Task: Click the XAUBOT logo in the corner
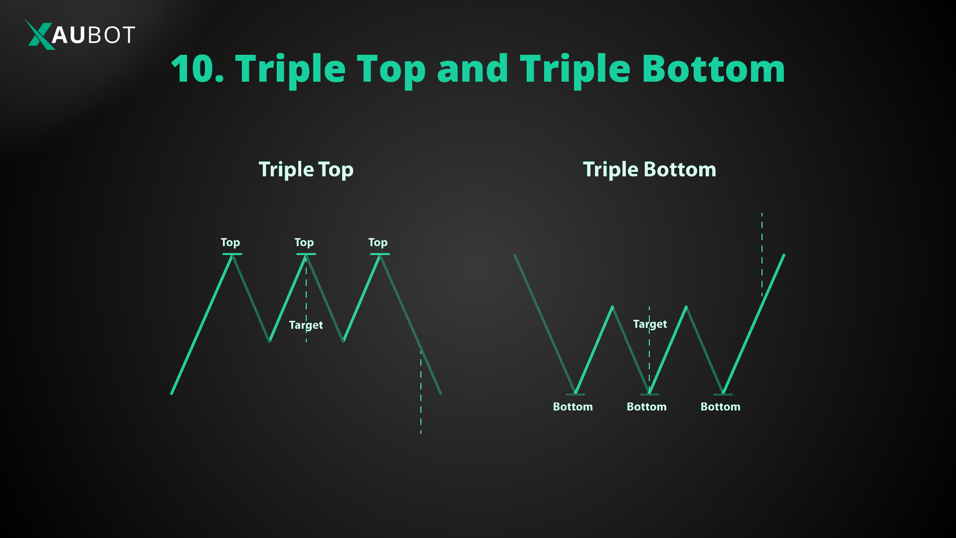tap(80, 34)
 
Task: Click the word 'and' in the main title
tap(472, 69)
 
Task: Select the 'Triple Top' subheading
tap(306, 169)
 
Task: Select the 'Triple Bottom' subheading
tap(649, 169)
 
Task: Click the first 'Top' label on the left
tap(230, 243)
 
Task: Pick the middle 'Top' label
tap(304, 243)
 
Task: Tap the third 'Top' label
tap(378, 243)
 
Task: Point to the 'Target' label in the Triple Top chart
tap(306, 325)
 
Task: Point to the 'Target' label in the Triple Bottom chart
tap(650, 324)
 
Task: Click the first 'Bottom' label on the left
tap(573, 406)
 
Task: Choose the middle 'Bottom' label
tap(647, 406)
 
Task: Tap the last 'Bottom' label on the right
tap(721, 406)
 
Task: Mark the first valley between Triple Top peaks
tap(269, 341)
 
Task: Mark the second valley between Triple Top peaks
tap(344, 341)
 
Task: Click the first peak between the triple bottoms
tap(612, 307)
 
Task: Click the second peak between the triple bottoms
tap(686, 307)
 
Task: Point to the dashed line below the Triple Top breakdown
tap(421, 394)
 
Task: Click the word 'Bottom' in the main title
tap(713, 69)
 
